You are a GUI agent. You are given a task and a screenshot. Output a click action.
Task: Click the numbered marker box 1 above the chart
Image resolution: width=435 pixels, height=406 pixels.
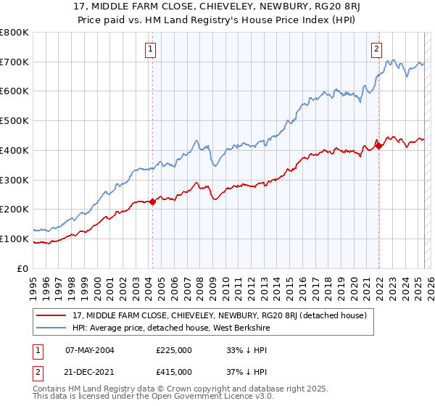pos(150,49)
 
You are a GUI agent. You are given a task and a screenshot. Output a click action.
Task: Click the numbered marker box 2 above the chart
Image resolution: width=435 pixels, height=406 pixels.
pos(377,49)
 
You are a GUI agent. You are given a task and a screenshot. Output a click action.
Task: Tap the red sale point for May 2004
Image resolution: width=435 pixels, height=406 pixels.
pos(153,202)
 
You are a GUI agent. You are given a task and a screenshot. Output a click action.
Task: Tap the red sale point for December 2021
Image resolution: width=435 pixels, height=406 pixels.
pos(378,146)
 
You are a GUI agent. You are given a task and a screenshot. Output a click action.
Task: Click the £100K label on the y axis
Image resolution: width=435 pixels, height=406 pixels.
pos(14,239)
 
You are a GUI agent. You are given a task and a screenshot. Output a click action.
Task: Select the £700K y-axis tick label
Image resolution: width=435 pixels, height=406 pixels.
pos(14,62)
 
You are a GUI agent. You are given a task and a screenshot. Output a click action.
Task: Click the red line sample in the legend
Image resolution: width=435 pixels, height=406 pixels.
pos(51,315)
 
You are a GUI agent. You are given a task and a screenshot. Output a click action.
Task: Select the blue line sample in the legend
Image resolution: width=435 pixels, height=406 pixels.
pos(51,328)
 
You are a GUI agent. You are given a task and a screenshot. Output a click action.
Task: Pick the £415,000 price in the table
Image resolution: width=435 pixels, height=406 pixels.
pos(174,371)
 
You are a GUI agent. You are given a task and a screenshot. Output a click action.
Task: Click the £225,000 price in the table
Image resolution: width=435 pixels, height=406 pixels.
pos(174,349)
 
